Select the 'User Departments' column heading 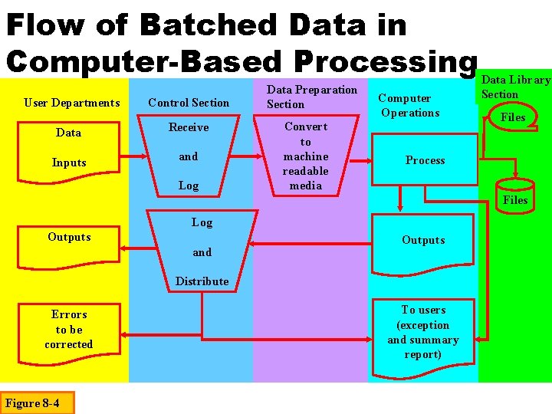72,103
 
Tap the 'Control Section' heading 189,103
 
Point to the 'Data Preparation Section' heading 311,97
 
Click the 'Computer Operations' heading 409,105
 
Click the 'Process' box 425,160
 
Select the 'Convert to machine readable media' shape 305,156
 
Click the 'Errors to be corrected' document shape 69,330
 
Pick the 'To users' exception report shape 423,332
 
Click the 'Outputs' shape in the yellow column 69,237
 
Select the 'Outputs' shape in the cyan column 423,240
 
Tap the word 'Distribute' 202,281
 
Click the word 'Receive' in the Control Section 189,127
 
